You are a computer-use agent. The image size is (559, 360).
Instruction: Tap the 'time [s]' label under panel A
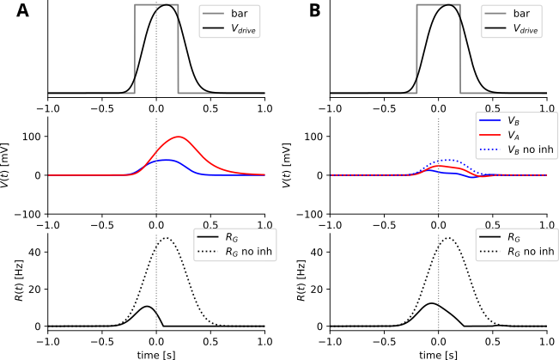pos(156,353)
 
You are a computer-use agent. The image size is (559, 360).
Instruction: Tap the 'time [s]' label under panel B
pos(439,353)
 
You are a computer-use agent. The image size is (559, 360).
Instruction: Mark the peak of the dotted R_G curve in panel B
pos(448,239)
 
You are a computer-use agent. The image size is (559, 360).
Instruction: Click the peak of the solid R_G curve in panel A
pos(147,307)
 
